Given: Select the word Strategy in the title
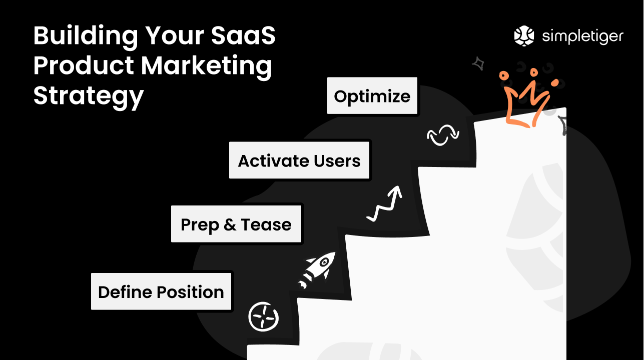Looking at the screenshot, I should point(88,95).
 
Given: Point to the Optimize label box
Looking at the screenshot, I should point(372,96).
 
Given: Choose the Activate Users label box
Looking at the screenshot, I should point(299,161).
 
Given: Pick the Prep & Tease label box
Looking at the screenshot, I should point(236,224).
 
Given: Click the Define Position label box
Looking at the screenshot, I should point(161,292).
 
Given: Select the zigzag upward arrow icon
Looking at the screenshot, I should point(385,203).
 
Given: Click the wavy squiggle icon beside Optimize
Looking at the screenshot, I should point(443,136).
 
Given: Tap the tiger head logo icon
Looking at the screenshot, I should point(524,36).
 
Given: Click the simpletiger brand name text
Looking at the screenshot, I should point(583,36).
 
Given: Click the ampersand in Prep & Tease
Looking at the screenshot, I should point(230,225).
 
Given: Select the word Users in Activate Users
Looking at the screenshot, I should point(337,161).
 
